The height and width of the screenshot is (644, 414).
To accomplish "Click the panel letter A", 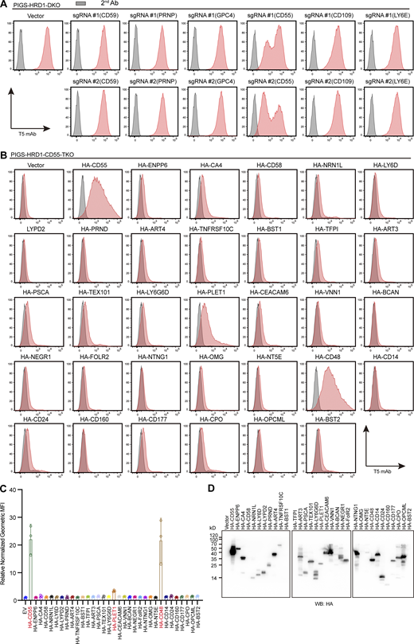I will [x=4, y=4].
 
